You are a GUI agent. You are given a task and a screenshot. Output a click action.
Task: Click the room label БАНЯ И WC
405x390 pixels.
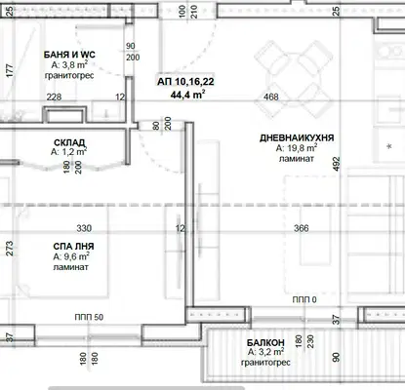[x=69, y=55]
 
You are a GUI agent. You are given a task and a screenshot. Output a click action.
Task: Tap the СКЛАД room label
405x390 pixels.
[x=69, y=142]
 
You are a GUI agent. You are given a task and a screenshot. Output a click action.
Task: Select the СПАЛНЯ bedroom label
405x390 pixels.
[x=73, y=247]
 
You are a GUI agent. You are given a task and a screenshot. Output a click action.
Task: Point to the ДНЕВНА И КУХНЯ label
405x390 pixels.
[x=297, y=137]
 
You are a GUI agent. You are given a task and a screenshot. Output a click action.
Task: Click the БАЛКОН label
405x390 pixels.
[x=265, y=342]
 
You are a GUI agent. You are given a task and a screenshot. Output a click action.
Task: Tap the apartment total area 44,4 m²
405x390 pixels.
[x=187, y=95]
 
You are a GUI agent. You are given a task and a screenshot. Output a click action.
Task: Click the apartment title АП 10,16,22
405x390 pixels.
[x=185, y=81]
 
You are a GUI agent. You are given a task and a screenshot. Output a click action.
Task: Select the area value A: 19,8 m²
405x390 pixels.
[x=297, y=148]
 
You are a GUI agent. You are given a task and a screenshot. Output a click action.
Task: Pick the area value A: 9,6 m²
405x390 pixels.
[x=71, y=256]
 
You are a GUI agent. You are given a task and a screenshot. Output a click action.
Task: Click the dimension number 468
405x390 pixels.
[x=271, y=97]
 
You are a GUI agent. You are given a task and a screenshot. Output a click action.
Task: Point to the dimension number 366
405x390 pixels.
[x=302, y=228]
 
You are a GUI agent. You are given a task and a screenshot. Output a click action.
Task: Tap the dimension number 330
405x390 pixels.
[x=84, y=228]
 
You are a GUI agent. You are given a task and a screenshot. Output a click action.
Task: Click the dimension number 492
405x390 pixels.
[x=337, y=164]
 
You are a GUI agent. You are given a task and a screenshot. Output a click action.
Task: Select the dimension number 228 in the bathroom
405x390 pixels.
[x=54, y=97]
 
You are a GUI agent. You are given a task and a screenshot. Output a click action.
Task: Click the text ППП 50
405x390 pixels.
[x=89, y=317]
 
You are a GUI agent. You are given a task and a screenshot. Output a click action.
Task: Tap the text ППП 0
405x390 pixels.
[x=304, y=299]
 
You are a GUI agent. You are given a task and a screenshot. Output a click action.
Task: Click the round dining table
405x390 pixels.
[x=294, y=78]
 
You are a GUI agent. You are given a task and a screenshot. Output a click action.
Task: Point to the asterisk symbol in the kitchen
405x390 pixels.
[x=389, y=146]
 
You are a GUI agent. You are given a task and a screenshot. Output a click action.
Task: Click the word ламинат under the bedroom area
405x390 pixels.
[x=70, y=267]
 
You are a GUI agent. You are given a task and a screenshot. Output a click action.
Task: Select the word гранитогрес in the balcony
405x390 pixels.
[x=265, y=362]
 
